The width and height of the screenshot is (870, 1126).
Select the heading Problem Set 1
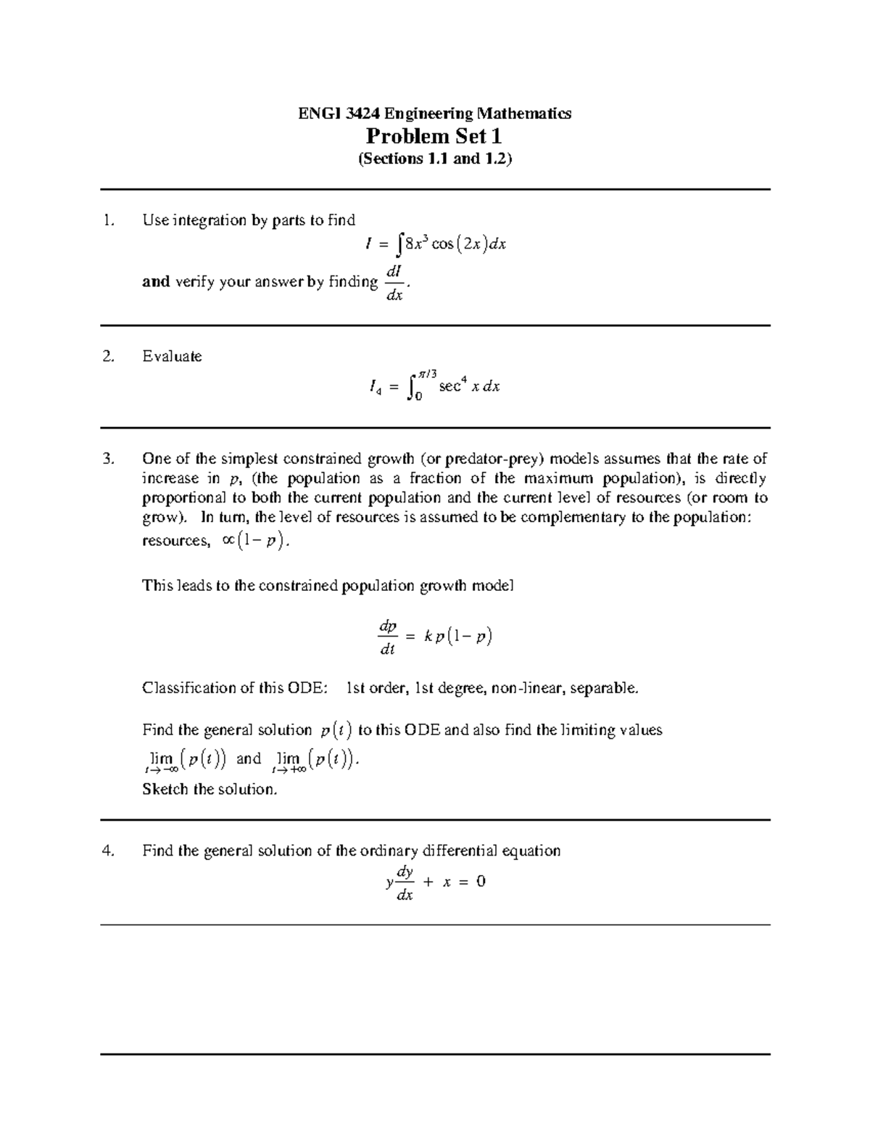(434, 136)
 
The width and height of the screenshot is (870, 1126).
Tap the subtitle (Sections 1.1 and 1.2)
(434, 159)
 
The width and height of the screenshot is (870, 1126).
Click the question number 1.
(109, 220)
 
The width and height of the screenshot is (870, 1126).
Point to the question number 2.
(109, 356)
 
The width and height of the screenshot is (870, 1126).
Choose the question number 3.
(109, 458)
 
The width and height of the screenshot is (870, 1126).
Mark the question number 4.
(109, 850)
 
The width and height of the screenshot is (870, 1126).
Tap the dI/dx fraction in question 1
(394, 282)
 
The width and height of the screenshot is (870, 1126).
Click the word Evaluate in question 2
(172, 356)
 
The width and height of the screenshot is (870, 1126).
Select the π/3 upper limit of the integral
(426, 373)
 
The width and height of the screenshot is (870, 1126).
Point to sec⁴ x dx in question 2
(469, 386)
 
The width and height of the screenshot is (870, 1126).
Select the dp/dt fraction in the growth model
(388, 637)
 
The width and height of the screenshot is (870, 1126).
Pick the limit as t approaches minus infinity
(185, 760)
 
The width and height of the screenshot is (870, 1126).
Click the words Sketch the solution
(210, 789)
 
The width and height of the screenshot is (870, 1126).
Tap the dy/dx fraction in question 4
(404, 882)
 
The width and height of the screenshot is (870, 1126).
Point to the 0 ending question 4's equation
(481, 882)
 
